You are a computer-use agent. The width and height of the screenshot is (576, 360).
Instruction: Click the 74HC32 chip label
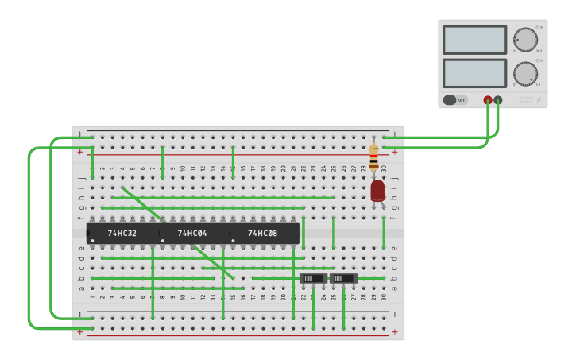122,234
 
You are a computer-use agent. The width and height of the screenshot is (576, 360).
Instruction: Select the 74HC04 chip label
192,234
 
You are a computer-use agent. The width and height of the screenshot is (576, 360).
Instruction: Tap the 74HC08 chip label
263,234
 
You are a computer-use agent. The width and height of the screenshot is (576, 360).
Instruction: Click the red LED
377,190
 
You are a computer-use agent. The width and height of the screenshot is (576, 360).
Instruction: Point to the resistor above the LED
373,157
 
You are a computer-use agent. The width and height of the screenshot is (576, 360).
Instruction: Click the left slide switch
313,279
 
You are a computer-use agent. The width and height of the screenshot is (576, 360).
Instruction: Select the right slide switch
343,279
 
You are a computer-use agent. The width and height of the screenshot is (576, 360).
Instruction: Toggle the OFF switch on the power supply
455,100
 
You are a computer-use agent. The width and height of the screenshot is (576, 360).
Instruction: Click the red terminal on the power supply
488,100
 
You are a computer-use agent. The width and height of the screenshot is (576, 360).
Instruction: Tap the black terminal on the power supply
498,100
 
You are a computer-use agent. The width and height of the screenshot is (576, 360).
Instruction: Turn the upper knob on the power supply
525,40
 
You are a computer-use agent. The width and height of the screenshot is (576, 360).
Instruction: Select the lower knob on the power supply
525,74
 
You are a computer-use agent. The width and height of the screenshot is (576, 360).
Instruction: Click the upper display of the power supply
474,40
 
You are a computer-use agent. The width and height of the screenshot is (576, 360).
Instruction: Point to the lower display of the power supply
474,73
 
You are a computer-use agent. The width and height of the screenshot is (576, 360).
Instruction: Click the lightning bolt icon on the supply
539,100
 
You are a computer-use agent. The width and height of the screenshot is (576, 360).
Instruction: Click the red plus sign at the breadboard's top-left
80,151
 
